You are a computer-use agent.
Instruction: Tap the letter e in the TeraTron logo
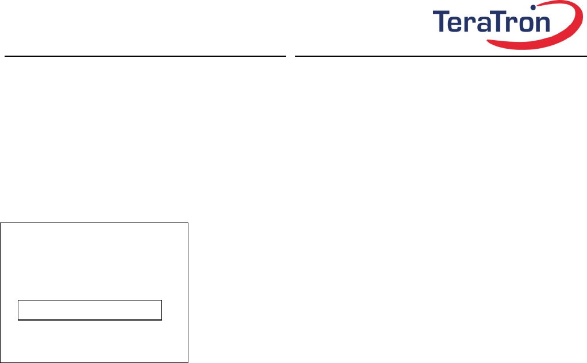coord(458,24)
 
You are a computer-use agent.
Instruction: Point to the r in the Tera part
coord(472,24)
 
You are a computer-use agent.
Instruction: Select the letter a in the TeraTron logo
coord(484,24)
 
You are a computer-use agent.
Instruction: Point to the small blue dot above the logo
coord(533,8)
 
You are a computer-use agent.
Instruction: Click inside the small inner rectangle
coord(90,310)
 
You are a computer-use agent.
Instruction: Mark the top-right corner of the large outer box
coord(188,223)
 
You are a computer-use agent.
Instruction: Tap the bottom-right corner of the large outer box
coord(188,362)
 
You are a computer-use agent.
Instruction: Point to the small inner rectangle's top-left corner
coord(18,300)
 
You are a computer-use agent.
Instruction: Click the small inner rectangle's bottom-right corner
coord(162,319)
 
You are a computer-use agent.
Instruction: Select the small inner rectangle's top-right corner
coord(162,300)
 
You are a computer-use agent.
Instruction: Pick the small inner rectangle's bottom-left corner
coord(18,319)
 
